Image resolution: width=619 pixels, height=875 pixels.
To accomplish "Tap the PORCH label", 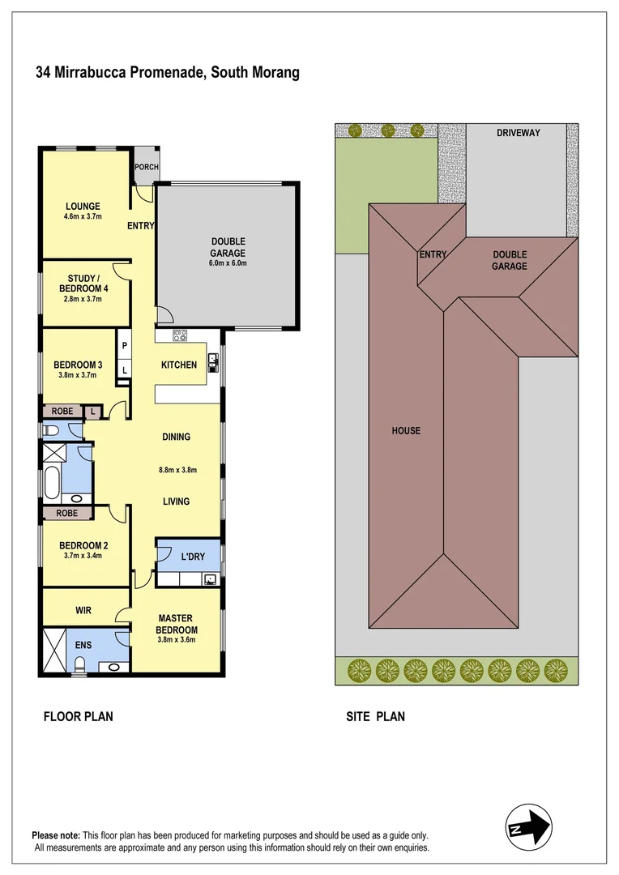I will [x=147, y=168].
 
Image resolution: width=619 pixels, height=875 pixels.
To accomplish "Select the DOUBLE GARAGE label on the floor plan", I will [x=228, y=247].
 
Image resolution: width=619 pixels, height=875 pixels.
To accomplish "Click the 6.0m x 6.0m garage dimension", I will [x=228, y=263].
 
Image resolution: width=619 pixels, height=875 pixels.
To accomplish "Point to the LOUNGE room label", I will [x=83, y=207].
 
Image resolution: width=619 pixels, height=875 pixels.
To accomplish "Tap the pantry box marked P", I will [x=125, y=345].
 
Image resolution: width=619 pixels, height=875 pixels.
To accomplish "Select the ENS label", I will [x=84, y=645].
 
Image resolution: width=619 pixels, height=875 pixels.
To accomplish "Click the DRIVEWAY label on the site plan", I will [x=519, y=133].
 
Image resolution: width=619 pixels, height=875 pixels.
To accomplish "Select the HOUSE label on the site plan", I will [x=406, y=430].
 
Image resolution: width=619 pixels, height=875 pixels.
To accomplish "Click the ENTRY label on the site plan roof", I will [x=433, y=254].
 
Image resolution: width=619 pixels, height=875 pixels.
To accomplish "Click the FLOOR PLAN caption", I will [x=78, y=716].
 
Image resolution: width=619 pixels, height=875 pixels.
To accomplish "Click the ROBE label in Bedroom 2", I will [x=67, y=513].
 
